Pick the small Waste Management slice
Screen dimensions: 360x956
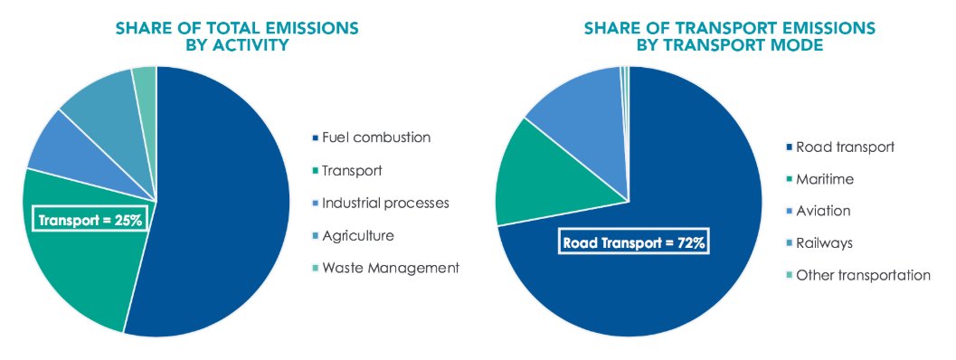click(145, 82)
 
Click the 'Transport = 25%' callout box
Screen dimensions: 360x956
click(90, 219)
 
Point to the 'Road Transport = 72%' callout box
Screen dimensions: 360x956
click(632, 243)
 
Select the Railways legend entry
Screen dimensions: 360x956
click(822, 242)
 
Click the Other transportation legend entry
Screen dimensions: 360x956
click(858, 275)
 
